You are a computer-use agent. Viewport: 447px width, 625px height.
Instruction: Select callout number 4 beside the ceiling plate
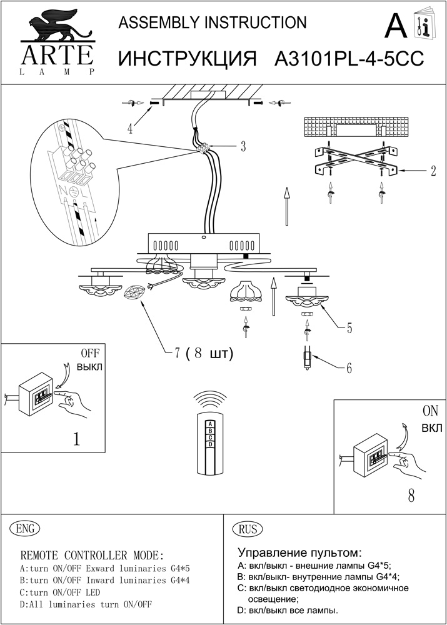(x=130, y=129)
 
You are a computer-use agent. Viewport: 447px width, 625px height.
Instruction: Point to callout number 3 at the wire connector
(x=243, y=147)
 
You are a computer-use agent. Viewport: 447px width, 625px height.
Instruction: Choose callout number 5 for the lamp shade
(x=349, y=327)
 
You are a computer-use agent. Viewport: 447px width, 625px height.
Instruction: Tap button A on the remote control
(x=211, y=424)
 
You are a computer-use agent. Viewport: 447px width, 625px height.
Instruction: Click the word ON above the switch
(x=431, y=412)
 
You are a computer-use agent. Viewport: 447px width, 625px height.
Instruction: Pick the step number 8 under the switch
(x=411, y=496)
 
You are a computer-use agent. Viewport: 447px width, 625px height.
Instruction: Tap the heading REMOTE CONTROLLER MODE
(x=93, y=555)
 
